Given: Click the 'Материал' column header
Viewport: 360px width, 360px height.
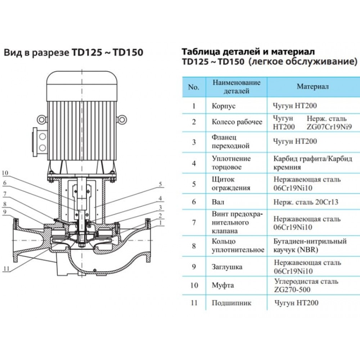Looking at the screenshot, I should (312, 87).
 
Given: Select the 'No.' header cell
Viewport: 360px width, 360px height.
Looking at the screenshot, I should (194, 87).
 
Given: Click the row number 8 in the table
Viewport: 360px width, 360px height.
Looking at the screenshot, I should (194, 246).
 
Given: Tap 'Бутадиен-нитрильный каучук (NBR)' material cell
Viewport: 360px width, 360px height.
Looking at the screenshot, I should (310, 245).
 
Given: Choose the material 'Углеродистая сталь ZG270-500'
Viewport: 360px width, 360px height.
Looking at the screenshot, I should (306, 285).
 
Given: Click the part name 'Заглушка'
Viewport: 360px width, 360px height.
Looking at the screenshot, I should (227, 267).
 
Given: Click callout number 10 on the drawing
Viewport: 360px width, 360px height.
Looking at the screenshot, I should (5, 173).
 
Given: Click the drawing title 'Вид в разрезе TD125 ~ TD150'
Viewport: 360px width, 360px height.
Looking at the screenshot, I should (73, 53).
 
